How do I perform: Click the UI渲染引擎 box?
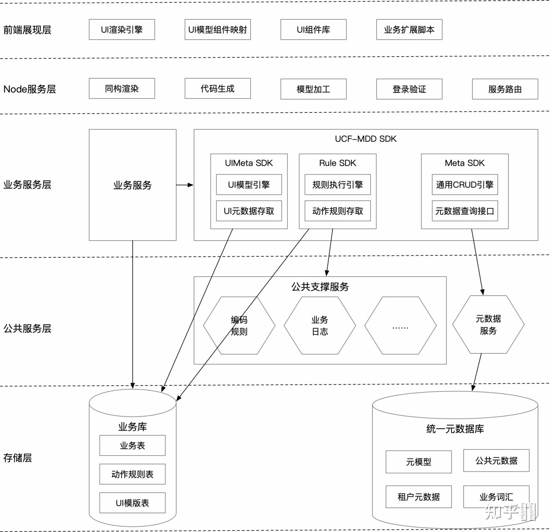(x=122, y=30)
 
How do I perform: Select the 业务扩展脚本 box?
(x=409, y=30)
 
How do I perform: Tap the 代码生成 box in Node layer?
(x=217, y=89)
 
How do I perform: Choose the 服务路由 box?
(x=505, y=89)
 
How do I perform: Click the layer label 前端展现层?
(x=27, y=30)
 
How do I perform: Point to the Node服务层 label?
(x=29, y=89)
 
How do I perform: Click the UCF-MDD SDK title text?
(x=365, y=139)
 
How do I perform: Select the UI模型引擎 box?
(x=249, y=185)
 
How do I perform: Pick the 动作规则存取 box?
(x=337, y=211)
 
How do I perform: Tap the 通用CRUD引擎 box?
(x=464, y=185)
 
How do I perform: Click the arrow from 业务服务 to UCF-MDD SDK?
(x=185, y=185)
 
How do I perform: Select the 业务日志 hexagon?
(x=320, y=326)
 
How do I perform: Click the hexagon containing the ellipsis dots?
(x=400, y=326)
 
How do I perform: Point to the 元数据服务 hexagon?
(x=488, y=324)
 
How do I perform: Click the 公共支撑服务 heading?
(x=320, y=287)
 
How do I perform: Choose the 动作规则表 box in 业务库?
(x=132, y=474)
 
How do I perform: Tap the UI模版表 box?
(x=132, y=503)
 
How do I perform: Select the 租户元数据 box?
(x=418, y=497)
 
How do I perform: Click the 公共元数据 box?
(x=496, y=460)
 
